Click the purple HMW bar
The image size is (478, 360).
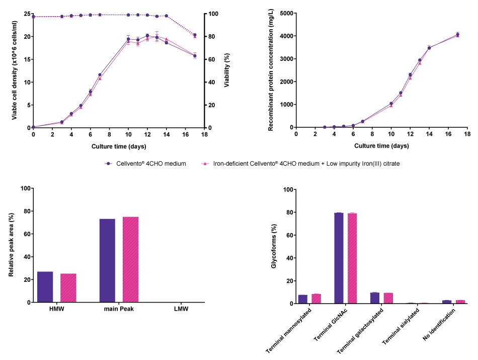[45, 287]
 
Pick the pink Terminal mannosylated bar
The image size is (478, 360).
[316, 299]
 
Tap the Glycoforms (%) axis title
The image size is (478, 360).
[274, 247]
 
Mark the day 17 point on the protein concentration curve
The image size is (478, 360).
[457, 35]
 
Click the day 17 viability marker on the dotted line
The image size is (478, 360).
[195, 35]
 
